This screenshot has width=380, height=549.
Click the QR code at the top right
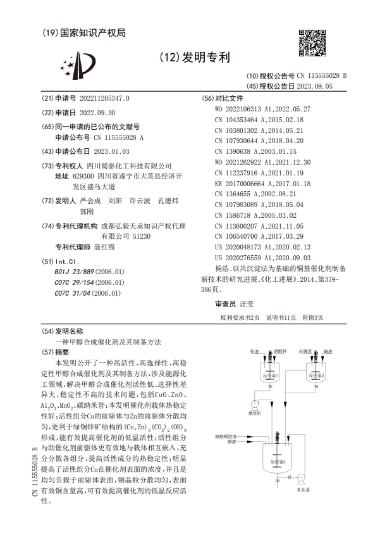click(x=310, y=42)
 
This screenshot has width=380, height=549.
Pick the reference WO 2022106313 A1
click(x=250, y=108)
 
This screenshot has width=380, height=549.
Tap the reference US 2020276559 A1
click(x=251, y=259)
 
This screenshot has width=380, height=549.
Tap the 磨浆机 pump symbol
click(x=254, y=405)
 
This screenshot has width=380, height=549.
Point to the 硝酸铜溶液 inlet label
click(x=226, y=436)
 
